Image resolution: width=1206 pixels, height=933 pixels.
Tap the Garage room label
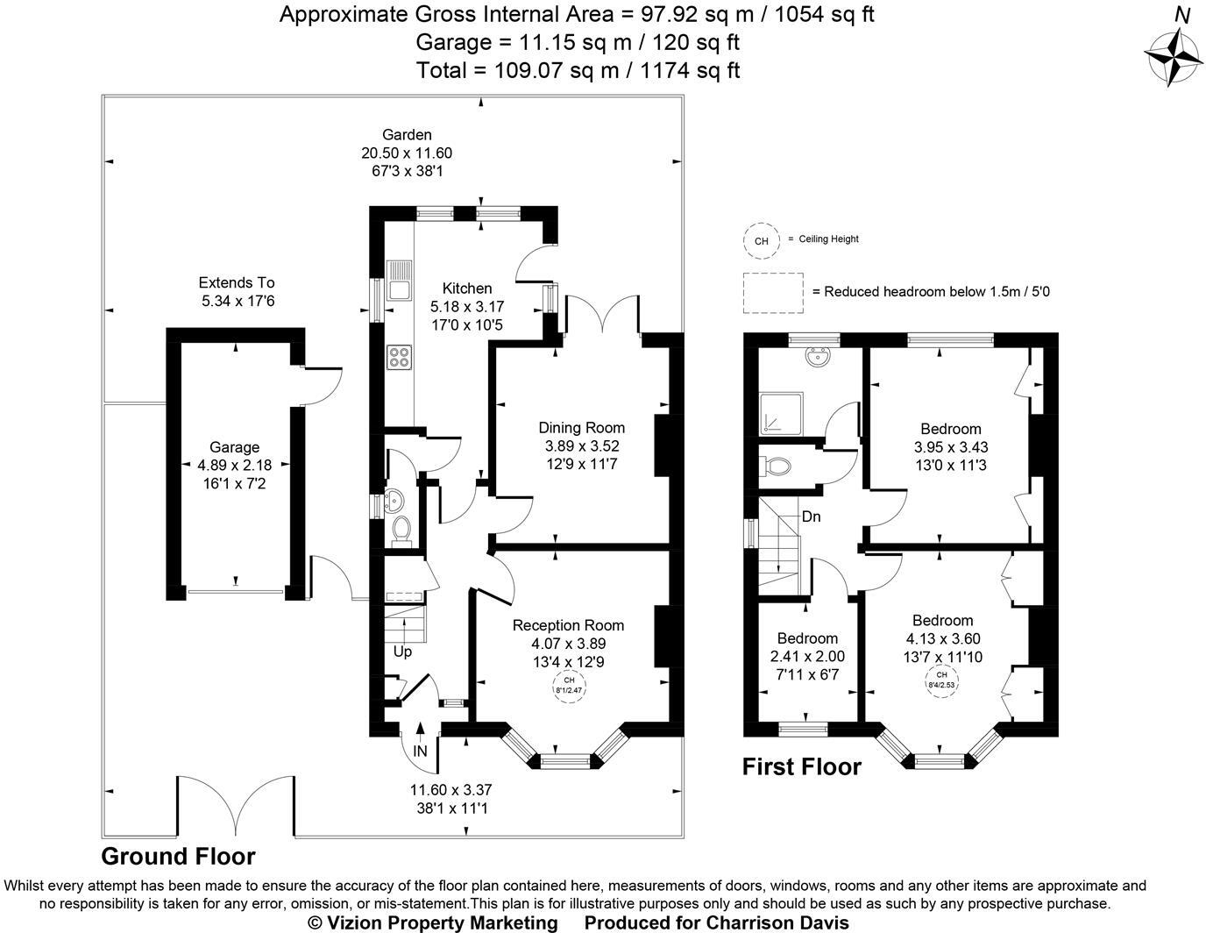[234, 447]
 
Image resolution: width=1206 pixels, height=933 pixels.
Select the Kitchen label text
[466, 288]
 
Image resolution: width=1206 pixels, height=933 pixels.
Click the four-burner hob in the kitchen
[399, 357]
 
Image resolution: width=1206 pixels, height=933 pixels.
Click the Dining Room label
[581, 428]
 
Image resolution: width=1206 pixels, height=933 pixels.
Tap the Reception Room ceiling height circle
[569, 685]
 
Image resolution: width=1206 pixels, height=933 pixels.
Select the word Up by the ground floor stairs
[402, 652]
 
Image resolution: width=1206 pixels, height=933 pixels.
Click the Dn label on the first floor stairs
[812, 516]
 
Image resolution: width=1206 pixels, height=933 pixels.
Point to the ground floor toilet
[401, 529]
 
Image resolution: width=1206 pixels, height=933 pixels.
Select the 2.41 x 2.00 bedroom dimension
[807, 656]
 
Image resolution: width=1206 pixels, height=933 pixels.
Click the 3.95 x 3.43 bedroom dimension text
[950, 446]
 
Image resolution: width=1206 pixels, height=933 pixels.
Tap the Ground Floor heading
[178, 857]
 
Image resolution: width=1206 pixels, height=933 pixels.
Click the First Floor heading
[801, 766]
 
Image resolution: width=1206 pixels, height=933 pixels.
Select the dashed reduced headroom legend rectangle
[773, 292]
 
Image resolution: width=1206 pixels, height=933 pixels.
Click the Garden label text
[407, 135]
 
